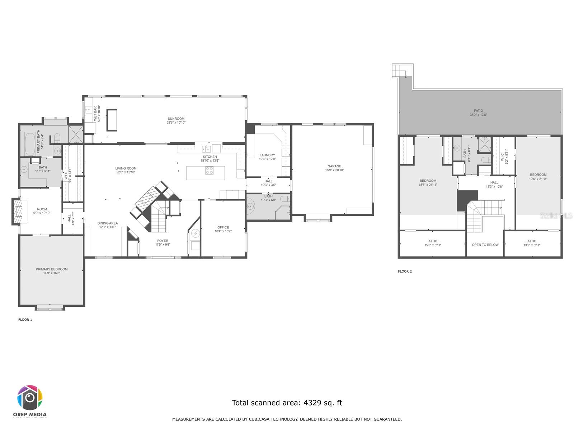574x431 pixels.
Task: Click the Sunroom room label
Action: (176, 119)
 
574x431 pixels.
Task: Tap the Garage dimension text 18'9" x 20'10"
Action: (334, 170)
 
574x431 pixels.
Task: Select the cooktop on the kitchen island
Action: (209, 171)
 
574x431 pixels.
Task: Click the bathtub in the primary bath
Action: (30, 144)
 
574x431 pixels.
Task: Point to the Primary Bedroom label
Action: (52, 269)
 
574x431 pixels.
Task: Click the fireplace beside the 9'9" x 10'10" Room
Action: (17, 212)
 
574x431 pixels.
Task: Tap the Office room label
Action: (223, 227)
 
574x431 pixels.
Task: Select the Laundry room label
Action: (267, 155)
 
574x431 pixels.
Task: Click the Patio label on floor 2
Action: (478, 111)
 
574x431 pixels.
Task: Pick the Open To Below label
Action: (485, 245)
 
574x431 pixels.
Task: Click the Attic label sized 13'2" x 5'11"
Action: (532, 241)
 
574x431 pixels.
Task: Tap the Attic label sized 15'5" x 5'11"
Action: (433, 241)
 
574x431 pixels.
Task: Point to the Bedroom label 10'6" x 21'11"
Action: (538, 175)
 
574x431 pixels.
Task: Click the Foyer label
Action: (163, 241)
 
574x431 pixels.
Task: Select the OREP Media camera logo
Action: (30, 398)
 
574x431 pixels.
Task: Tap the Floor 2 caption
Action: (405, 272)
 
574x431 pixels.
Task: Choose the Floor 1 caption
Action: (25, 320)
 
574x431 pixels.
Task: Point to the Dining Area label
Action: (108, 223)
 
